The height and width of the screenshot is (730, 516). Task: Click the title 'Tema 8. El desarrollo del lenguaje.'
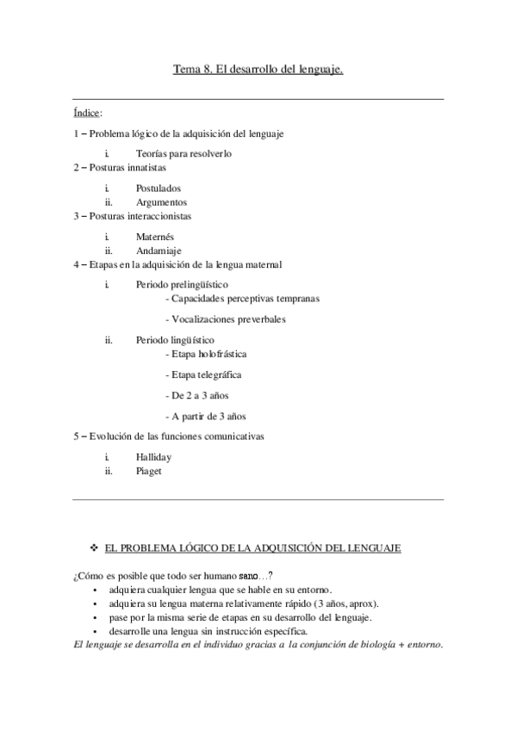pyautogui.click(x=258, y=71)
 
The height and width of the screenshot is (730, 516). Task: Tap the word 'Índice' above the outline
pyautogui.click(x=88, y=112)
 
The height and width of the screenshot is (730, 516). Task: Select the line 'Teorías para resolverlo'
pyautogui.click(x=183, y=153)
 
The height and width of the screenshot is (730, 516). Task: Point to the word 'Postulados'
pyautogui.click(x=159, y=188)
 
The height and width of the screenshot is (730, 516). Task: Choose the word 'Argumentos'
pyautogui.click(x=161, y=201)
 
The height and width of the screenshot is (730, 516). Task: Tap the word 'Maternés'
pyautogui.click(x=155, y=236)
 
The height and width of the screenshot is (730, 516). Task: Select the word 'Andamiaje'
pyautogui.click(x=159, y=250)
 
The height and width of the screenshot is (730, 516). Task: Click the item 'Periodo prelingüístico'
pyautogui.click(x=182, y=283)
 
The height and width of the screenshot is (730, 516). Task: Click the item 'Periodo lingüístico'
pyautogui.click(x=176, y=340)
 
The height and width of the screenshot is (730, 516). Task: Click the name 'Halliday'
pyautogui.click(x=154, y=457)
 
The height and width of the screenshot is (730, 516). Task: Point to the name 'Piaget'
pyautogui.click(x=149, y=471)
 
